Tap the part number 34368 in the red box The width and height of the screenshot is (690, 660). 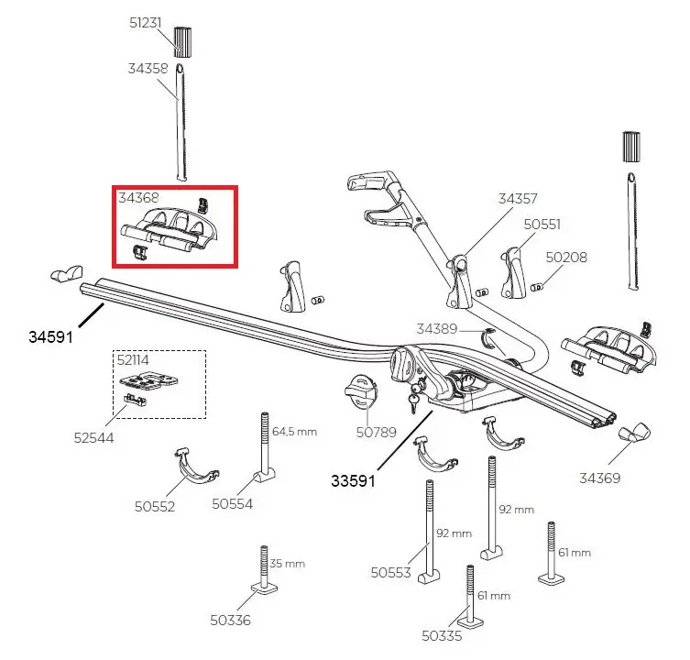pos(137,197)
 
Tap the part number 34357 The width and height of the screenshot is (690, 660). pos(517,198)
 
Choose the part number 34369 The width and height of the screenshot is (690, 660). pos(601,478)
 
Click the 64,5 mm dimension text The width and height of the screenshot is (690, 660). pos(294,432)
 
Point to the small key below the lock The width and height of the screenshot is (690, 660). pos(412,400)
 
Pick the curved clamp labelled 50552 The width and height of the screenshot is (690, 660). pos(196,467)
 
